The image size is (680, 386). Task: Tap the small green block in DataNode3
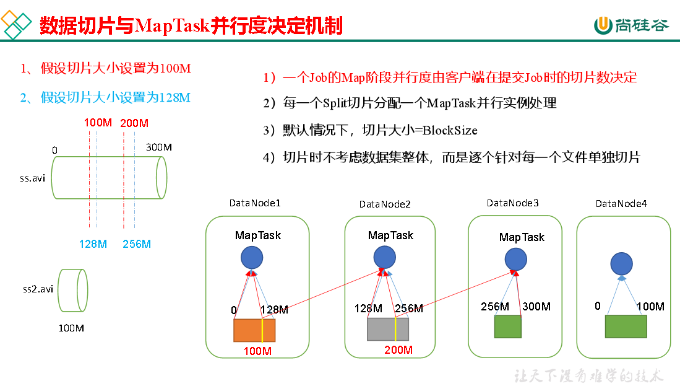click(507, 326)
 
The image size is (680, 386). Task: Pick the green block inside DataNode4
click(626, 326)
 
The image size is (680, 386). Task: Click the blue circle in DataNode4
click(621, 264)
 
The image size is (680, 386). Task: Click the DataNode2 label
click(385, 204)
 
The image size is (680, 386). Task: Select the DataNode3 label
click(512, 203)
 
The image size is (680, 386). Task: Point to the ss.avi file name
click(32, 178)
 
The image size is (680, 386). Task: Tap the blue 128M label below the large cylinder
click(93, 244)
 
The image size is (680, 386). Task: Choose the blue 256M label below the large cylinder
click(137, 244)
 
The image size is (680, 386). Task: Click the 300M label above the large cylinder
click(158, 147)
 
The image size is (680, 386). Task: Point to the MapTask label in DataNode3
click(522, 237)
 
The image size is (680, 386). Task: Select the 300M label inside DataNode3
click(536, 306)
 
